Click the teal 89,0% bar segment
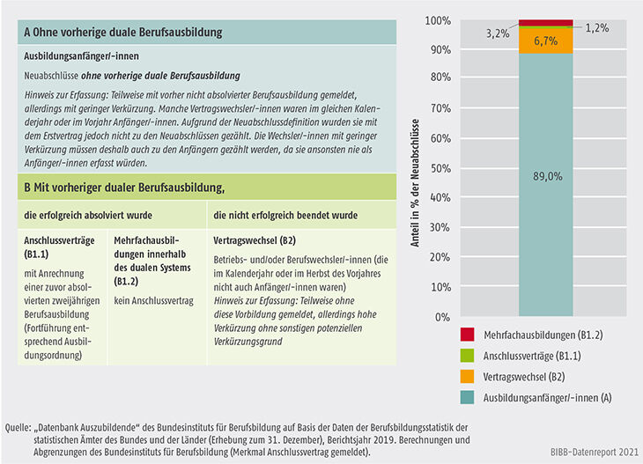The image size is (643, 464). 546,184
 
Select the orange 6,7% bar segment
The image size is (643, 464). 546,41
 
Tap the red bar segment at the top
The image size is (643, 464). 546,23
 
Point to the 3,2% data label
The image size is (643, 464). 498,33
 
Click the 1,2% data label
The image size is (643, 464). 596,28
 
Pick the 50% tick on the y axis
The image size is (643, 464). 440,168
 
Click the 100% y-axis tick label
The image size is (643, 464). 438,20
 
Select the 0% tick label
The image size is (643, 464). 443,317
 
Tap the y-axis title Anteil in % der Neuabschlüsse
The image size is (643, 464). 415,183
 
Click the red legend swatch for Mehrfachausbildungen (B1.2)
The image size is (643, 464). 467,335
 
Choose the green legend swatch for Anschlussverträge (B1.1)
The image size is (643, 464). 467,356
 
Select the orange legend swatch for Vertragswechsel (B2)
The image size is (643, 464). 467,376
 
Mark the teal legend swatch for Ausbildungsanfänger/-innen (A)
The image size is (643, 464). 467,397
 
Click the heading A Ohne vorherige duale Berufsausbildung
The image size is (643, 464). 123,33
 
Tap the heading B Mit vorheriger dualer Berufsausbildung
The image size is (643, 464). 124,188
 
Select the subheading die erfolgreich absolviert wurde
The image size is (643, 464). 88,215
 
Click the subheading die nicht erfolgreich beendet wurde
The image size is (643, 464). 285,215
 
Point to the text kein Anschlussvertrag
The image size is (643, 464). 154,301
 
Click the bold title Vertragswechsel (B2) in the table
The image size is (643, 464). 255,240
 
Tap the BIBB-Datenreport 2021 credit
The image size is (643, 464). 595,452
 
